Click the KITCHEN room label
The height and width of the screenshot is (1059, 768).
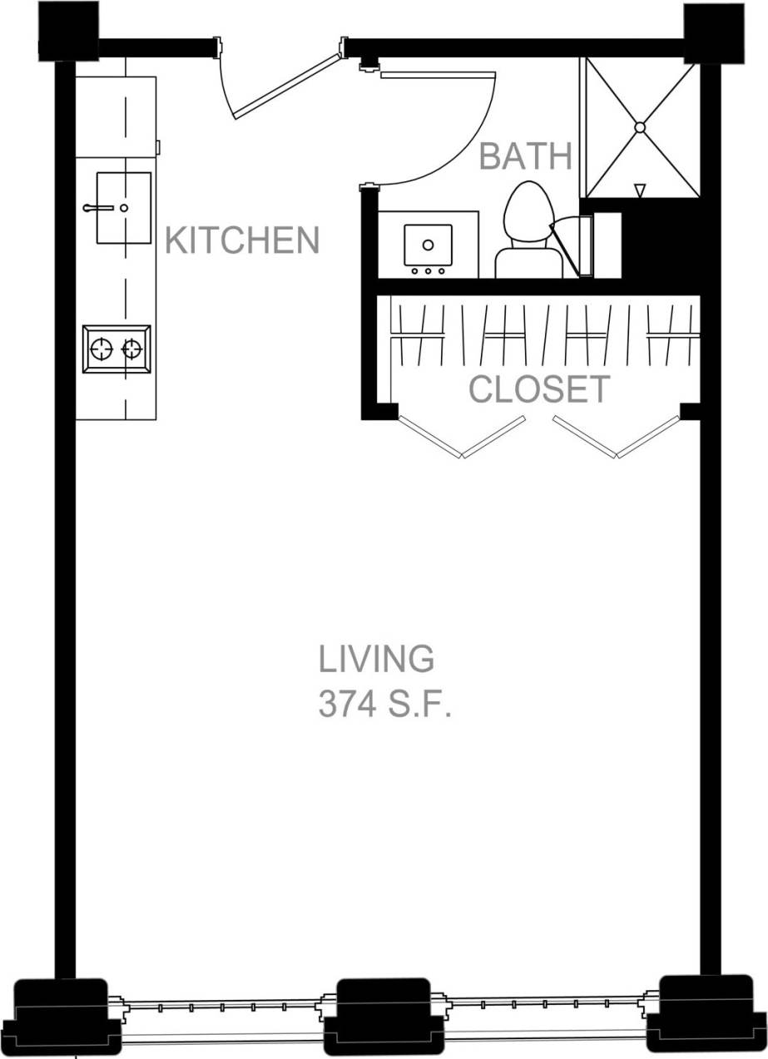[242, 240]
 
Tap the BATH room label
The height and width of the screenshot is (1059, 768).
[526, 156]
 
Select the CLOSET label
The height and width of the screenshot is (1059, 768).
[539, 389]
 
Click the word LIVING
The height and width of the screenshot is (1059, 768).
[376, 659]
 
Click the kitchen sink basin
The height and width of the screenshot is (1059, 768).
[124, 208]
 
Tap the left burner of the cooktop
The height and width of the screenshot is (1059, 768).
[102, 349]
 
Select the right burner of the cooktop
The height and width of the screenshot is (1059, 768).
[131, 349]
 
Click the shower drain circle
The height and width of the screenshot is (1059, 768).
[640, 127]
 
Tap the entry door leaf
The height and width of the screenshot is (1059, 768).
[287, 87]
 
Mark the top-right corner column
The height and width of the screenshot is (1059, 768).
[714, 32]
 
